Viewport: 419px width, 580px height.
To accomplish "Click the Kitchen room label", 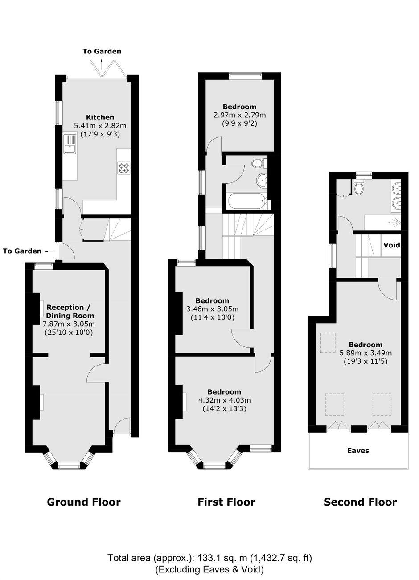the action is click(100, 117).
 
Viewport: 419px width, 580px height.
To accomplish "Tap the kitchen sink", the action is click(70, 144).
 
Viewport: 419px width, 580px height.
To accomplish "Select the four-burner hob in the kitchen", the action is click(124, 168).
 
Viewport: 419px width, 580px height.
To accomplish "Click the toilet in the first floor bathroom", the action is click(259, 163).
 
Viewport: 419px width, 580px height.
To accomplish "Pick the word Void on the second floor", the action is click(391, 245).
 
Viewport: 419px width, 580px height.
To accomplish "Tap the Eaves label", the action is click(358, 451).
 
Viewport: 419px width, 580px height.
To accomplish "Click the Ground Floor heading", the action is click(84, 502).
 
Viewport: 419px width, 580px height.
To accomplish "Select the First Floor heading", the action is click(226, 502).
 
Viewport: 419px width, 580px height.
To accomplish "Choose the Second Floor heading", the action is click(360, 502).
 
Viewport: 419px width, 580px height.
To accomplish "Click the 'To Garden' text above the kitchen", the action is click(102, 51).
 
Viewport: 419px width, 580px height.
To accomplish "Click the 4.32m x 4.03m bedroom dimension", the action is click(225, 400).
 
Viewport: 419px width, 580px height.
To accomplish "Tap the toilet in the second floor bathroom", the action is click(359, 188).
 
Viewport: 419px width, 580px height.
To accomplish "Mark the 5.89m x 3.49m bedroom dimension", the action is click(366, 353).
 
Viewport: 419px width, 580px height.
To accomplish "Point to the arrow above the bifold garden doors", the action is click(101, 61).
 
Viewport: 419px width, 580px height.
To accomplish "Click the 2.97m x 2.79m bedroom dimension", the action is click(240, 115).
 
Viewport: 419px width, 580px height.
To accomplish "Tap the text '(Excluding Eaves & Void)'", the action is click(209, 567).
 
